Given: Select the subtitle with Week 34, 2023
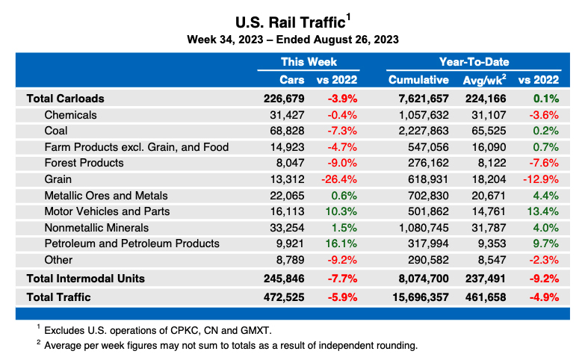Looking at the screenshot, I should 292,40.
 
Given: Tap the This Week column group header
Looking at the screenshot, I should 309,62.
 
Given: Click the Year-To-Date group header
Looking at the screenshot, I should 474,62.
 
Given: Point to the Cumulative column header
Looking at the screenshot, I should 418,80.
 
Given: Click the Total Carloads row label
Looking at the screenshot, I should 65,98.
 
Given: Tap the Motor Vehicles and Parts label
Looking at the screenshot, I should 107,211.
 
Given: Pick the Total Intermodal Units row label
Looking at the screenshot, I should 86,279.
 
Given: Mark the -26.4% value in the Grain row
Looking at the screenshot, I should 339,179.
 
